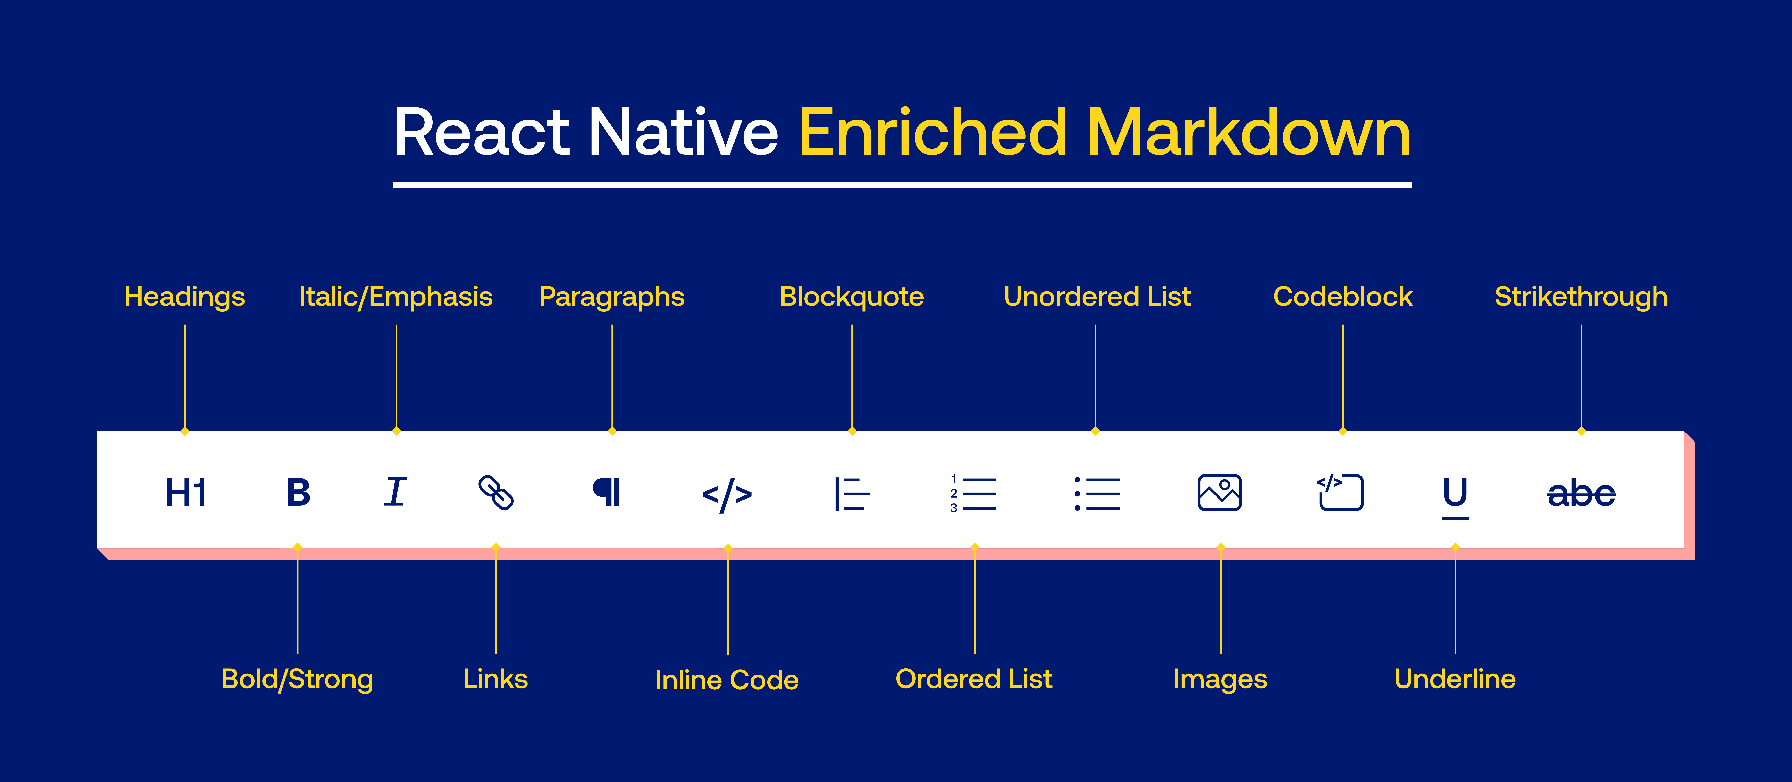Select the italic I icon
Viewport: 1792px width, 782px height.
(x=395, y=492)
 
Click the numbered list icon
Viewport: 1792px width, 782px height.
(x=973, y=493)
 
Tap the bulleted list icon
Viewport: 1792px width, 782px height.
(x=1097, y=493)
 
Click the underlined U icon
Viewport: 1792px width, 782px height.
(x=1455, y=495)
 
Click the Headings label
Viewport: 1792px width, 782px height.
(x=184, y=297)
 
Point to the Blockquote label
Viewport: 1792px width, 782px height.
(x=851, y=297)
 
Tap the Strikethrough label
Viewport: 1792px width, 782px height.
(x=1580, y=297)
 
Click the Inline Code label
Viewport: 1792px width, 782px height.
(x=727, y=680)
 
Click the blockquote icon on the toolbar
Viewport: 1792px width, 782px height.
(x=851, y=493)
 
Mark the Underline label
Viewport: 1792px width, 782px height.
(x=1455, y=679)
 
